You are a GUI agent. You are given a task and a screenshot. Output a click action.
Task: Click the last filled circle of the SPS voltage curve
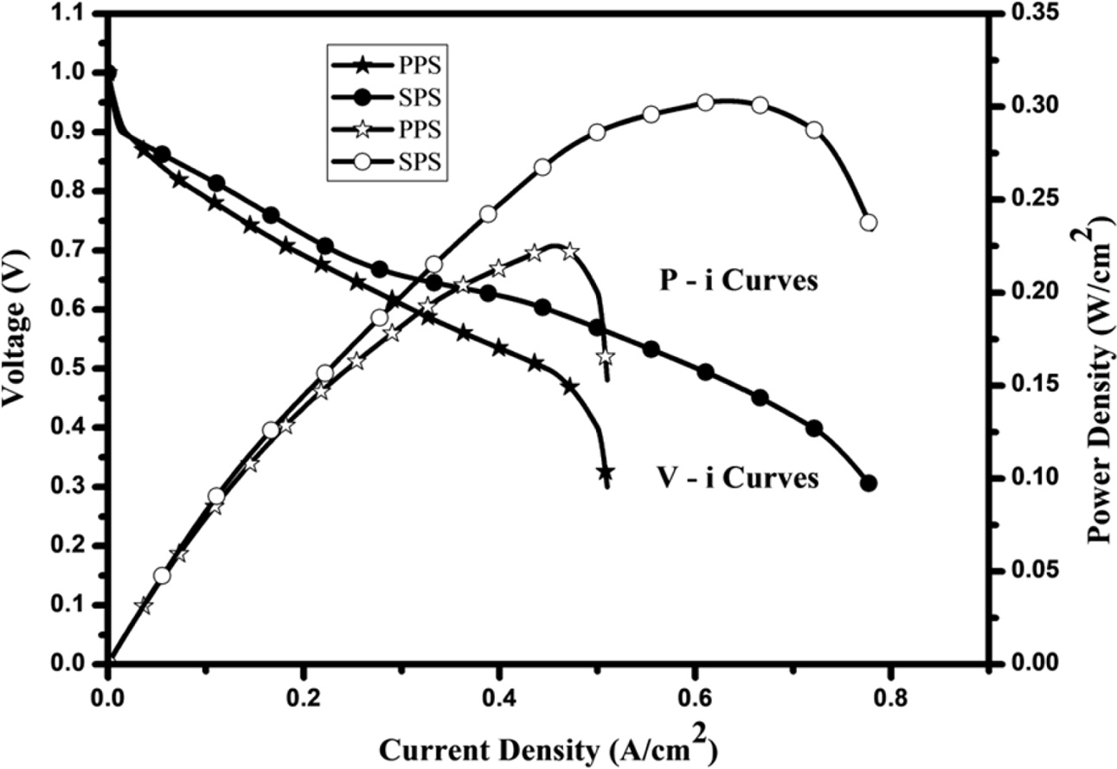click(869, 484)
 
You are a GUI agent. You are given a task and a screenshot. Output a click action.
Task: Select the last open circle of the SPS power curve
click(869, 222)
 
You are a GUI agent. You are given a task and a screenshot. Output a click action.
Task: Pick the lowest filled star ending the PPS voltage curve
click(606, 472)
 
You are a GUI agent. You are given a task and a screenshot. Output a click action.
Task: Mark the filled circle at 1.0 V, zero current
click(109, 73)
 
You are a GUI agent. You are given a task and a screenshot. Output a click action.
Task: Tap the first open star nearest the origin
click(144, 606)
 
